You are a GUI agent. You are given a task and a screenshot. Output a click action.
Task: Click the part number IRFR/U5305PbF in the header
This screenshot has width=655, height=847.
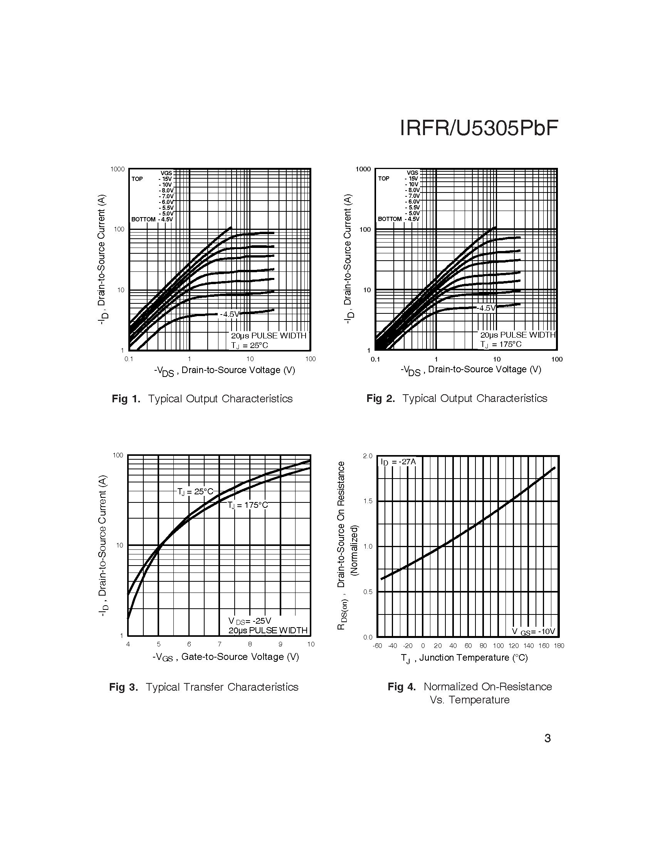point(479,128)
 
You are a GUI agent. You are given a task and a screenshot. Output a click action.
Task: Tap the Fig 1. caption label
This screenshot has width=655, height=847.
point(126,399)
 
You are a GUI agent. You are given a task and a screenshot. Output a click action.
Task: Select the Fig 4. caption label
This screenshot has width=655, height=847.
point(401,686)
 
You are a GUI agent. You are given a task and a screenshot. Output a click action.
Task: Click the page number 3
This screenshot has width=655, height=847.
point(548,738)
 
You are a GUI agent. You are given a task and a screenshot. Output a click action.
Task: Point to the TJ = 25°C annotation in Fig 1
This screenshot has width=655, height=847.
point(250,345)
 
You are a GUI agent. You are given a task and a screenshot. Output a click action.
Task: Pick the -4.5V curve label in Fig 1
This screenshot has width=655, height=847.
point(230,314)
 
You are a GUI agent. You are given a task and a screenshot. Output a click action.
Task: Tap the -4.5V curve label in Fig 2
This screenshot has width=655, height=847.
point(487,308)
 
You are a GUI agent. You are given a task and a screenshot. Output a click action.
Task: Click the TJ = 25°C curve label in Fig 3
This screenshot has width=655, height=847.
point(195,492)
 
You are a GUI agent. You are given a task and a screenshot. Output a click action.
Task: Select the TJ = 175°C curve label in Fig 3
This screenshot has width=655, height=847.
point(248,505)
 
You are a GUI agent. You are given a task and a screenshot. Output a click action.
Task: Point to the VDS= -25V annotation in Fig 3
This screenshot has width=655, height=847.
point(250,621)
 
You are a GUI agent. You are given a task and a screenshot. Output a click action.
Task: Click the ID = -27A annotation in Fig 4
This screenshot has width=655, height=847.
point(398,462)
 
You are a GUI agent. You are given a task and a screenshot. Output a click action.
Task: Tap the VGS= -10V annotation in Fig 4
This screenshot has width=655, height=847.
point(534,631)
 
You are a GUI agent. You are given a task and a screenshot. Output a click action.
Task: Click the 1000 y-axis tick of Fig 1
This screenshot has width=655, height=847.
point(118,169)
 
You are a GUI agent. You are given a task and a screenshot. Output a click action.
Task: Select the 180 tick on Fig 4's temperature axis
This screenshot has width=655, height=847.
point(559,646)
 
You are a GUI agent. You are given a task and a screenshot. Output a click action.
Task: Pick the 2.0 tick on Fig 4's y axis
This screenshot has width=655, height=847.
point(368,456)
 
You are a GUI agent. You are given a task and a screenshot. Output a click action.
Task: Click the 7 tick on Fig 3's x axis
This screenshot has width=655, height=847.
point(220,644)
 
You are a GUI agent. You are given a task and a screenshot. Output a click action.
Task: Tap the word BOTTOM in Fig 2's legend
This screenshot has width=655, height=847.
point(390,219)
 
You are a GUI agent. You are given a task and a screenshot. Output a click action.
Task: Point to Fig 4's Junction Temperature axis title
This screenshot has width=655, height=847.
point(465,658)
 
